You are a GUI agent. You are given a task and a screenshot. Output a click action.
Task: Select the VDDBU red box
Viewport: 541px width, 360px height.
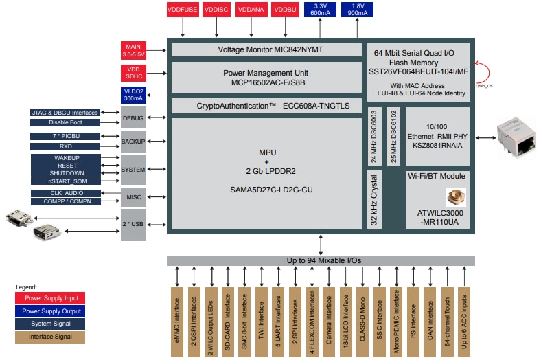tap(284, 10)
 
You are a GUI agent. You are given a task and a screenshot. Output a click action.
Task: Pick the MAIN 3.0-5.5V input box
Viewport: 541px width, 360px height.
tap(133, 50)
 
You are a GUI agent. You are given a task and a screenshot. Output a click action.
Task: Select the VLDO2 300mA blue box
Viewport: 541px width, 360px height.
tap(133, 95)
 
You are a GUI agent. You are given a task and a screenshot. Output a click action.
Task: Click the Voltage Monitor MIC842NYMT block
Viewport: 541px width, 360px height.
tap(266, 50)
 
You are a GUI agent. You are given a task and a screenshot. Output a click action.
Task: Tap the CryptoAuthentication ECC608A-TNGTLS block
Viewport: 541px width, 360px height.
tap(266, 106)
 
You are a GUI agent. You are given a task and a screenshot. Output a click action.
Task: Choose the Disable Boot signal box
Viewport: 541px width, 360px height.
tap(66, 122)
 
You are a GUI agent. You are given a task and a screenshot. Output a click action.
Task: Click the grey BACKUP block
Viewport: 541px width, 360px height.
tap(133, 141)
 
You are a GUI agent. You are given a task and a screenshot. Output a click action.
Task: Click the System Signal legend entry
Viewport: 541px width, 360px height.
tap(49, 324)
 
